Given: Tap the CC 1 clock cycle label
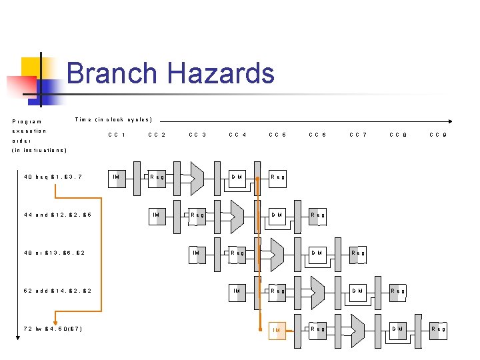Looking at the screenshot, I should [117, 135].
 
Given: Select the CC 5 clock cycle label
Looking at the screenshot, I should [277, 135].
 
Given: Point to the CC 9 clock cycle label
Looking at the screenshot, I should [438, 135].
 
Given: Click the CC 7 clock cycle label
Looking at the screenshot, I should [358, 135].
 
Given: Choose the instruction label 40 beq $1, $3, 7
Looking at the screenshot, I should [53, 177].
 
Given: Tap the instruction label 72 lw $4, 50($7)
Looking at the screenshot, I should [53, 329].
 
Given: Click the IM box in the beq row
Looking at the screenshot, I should [116, 177].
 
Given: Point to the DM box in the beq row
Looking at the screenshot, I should [237, 177].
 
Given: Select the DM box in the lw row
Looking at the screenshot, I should [398, 329].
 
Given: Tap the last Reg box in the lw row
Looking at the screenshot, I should [438, 329].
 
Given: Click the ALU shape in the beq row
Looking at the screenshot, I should [197, 177].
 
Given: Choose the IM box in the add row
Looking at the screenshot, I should [237, 291].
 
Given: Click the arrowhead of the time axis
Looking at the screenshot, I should [451, 121].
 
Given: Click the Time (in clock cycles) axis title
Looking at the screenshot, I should [113, 120].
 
